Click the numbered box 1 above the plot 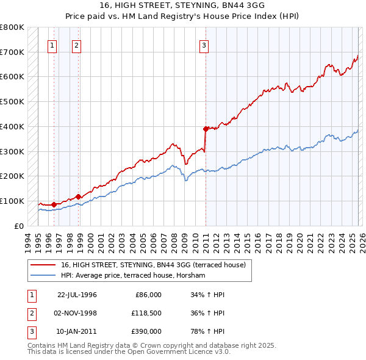point(52,45)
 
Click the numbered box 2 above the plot point(76,45)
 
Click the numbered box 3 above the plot point(204,45)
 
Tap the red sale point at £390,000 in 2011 point(206,129)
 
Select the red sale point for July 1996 point(54,204)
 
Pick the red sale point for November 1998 point(78,196)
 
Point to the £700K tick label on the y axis point(12,52)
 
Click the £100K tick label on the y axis point(12,201)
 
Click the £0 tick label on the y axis point(19,226)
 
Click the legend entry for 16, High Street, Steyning point(152,265)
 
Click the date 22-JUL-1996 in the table point(77,295)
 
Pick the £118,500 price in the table point(146,313)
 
